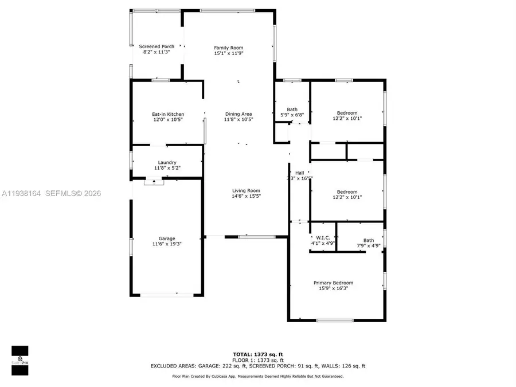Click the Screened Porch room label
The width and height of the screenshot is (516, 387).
pyautogui.click(x=157, y=46)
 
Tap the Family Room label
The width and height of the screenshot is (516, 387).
pyautogui.click(x=229, y=48)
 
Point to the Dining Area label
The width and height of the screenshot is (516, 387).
pyautogui.click(x=238, y=114)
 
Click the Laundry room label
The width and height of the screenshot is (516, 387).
pyautogui.click(x=167, y=162)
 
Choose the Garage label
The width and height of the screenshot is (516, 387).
pyautogui.click(x=167, y=239)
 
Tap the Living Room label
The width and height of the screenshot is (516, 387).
pyautogui.click(x=246, y=190)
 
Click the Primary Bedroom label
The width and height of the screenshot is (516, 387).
pyautogui.click(x=333, y=283)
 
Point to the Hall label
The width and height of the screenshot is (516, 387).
pyautogui.click(x=299, y=173)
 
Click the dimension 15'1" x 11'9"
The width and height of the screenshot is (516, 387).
pyautogui.click(x=229, y=53)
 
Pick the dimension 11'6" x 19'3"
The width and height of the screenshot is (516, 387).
pyautogui.click(x=167, y=244)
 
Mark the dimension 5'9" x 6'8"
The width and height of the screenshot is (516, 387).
pyautogui.click(x=292, y=115)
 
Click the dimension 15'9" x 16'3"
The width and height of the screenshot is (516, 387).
pyautogui.click(x=333, y=288)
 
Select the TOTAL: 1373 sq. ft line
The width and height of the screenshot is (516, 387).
pyautogui.click(x=257, y=354)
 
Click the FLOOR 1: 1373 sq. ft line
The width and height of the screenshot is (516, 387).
pyautogui.click(x=257, y=359)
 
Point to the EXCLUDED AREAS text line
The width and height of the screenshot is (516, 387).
pyautogui.click(x=257, y=365)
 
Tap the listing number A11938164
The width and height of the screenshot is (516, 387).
pyautogui.click(x=22, y=194)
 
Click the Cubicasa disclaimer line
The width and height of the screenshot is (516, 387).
pyautogui.click(x=257, y=376)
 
